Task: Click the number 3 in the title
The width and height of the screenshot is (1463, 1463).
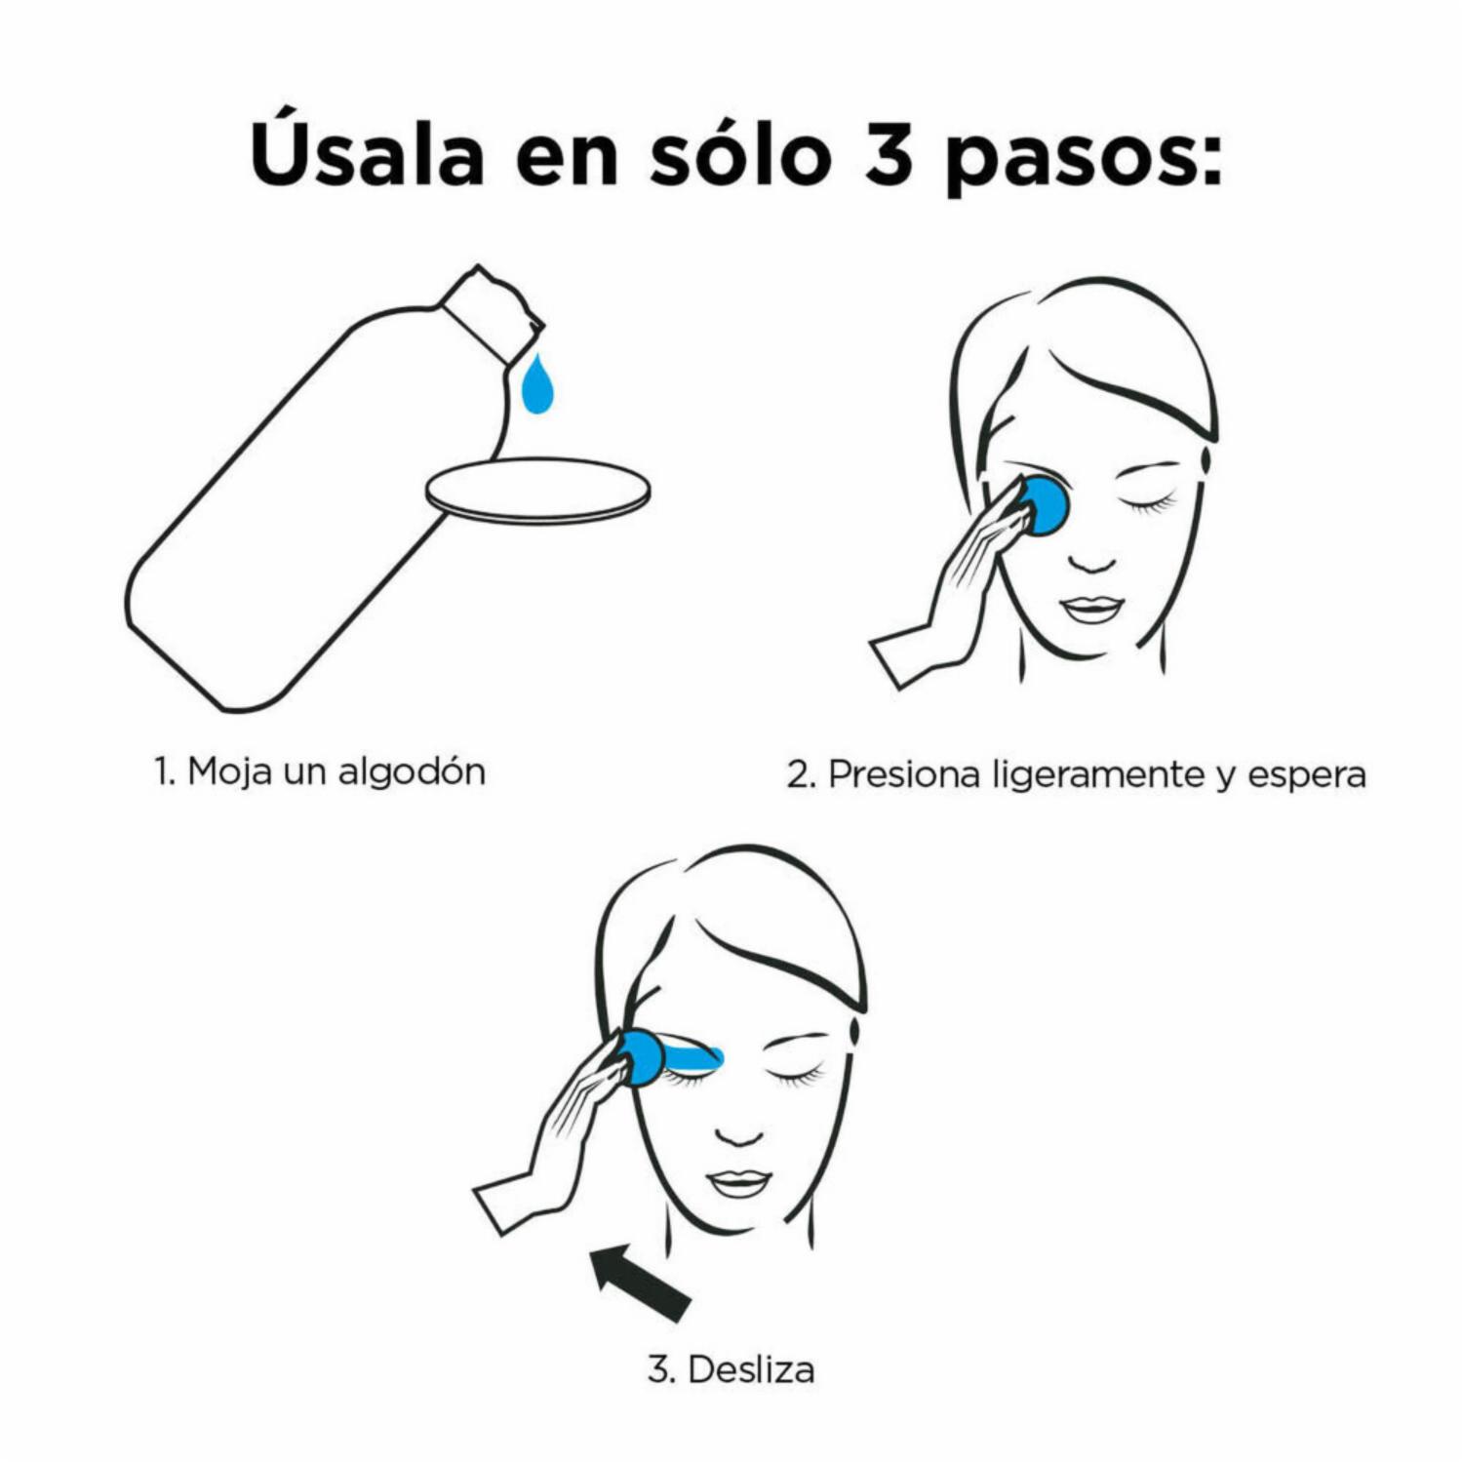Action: click(x=888, y=155)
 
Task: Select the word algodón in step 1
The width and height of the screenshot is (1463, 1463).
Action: click(x=412, y=771)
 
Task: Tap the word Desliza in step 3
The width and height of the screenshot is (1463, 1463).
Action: click(x=751, y=1369)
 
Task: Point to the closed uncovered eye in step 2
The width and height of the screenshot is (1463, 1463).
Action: click(x=1148, y=503)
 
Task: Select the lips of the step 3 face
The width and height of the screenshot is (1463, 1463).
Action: click(x=738, y=1183)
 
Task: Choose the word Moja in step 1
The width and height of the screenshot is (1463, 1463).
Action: click(x=229, y=771)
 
